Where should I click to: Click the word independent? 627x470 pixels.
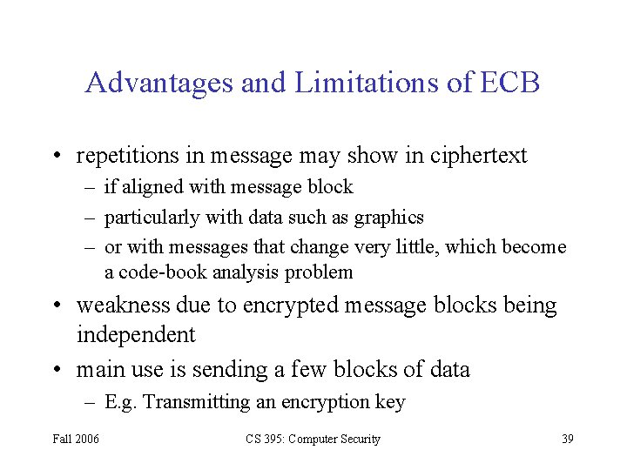click(136, 335)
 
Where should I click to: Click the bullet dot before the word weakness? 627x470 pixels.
click(57, 306)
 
